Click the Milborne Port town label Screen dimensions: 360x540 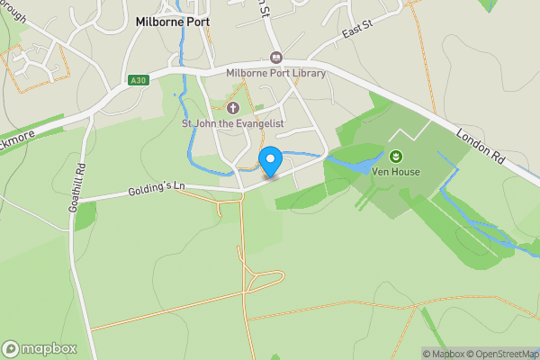tap(173, 22)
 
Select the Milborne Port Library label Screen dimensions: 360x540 tap(275, 73)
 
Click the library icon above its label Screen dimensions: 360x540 tap(276, 58)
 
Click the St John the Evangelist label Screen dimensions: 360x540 tap(234, 123)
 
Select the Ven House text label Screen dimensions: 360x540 tap(396, 171)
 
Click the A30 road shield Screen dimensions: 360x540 tap(138, 80)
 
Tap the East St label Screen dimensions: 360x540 tap(357, 33)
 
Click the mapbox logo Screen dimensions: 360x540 tap(40, 348)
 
